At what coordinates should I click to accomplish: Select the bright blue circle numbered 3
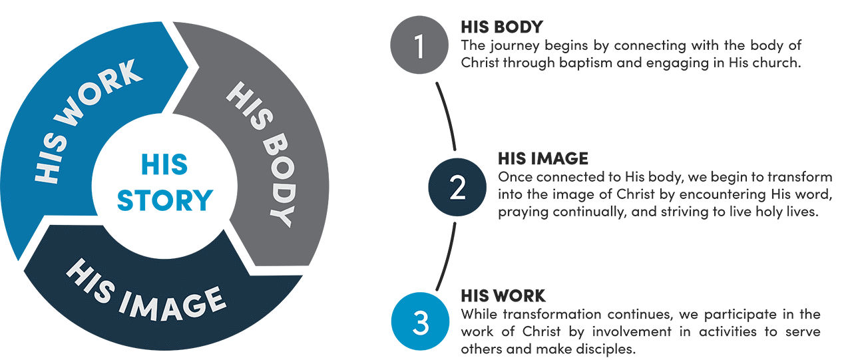(x=419, y=322)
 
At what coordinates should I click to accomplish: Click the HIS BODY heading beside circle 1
(x=501, y=27)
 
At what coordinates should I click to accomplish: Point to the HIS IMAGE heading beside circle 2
(x=542, y=158)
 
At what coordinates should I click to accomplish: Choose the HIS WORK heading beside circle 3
(x=503, y=295)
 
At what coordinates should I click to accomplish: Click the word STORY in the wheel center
(x=164, y=200)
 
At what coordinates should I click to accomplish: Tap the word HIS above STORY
(x=164, y=164)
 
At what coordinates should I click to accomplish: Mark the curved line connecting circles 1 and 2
(x=448, y=116)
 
